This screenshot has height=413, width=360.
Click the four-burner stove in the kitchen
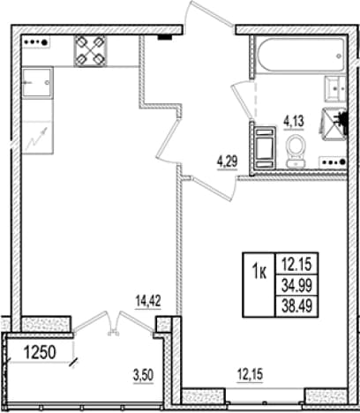[90, 51]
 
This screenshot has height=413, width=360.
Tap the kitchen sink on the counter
[38, 83]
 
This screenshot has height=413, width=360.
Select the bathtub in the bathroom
[300, 54]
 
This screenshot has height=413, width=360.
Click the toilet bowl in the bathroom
[296, 151]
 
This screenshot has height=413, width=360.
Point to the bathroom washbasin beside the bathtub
[335, 88]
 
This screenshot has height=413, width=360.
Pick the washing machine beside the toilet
[265, 147]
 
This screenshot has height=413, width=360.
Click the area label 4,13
[294, 121]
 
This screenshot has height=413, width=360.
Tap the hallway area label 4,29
[227, 161]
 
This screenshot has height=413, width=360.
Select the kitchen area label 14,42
[148, 301]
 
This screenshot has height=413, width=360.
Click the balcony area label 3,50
[143, 375]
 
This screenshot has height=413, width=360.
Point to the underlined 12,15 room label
[251, 375]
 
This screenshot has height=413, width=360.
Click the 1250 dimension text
[40, 352]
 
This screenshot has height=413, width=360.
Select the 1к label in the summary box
[259, 273]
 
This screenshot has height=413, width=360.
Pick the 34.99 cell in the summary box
[296, 285]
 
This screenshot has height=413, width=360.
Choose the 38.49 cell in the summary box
[296, 306]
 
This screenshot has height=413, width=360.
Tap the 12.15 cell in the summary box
[296, 264]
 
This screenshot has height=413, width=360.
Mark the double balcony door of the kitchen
[113, 324]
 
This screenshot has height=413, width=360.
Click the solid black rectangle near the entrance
[165, 37]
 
